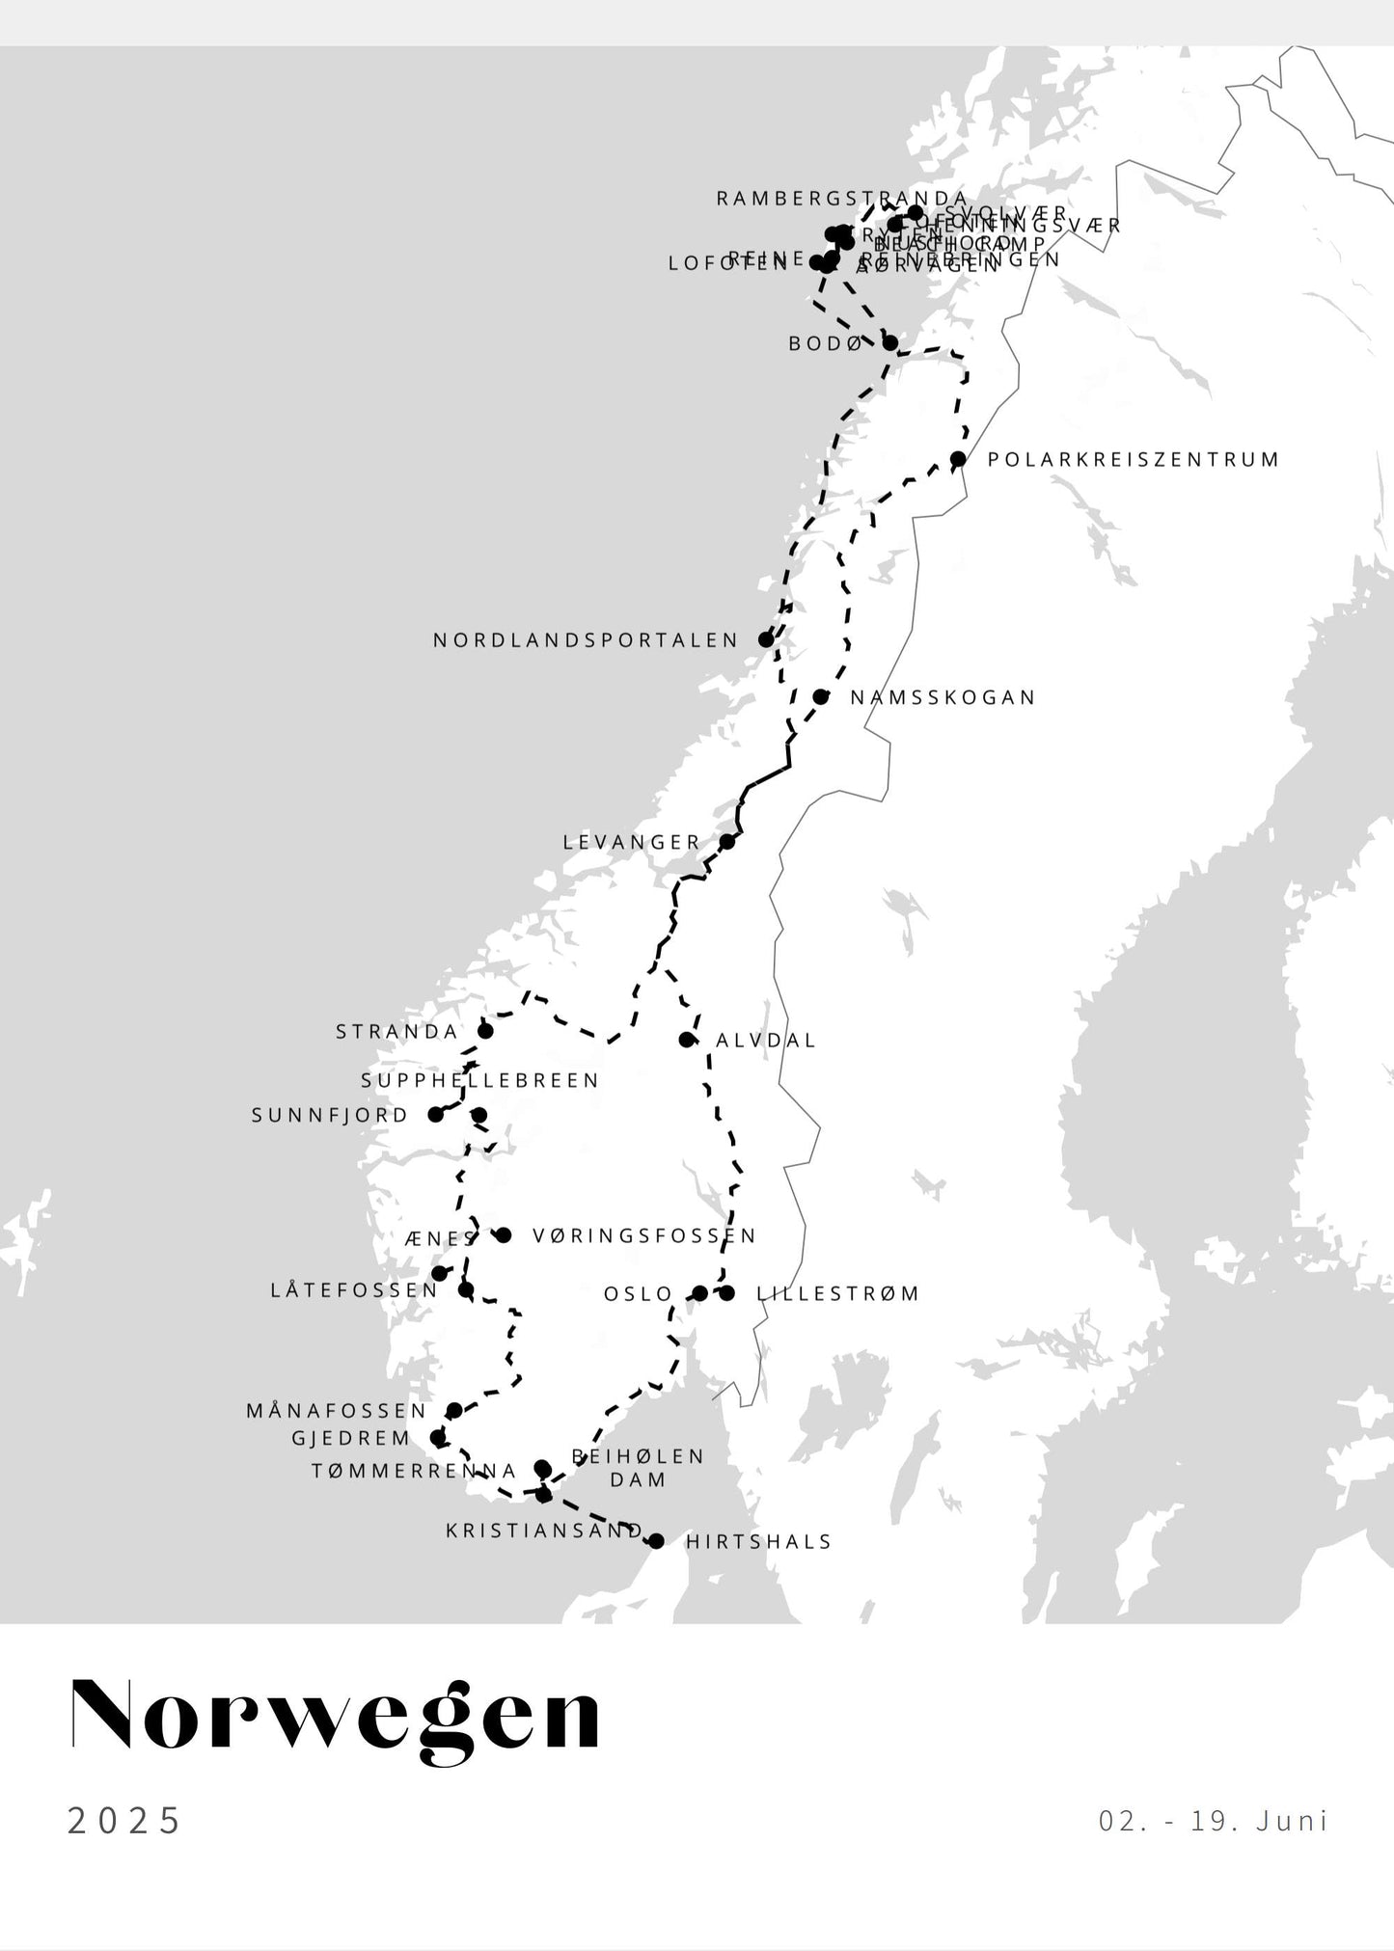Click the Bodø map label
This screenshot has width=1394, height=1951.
click(824, 343)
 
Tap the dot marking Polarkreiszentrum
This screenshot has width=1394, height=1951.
click(958, 459)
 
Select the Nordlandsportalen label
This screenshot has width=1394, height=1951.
click(586, 640)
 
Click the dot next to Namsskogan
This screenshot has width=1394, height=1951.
click(820, 696)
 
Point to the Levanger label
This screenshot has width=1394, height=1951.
click(632, 842)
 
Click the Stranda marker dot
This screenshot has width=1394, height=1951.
click(486, 1031)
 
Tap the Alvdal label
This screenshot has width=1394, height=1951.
click(766, 1041)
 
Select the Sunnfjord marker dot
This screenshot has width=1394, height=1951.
click(435, 1115)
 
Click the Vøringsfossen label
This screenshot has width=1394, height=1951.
click(644, 1235)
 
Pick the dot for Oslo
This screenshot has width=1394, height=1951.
click(700, 1293)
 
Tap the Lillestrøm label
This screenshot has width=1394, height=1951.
click(837, 1293)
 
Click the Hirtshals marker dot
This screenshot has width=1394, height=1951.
click(657, 1541)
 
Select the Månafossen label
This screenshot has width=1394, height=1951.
click(336, 1411)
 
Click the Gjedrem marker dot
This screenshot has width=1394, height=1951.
click(437, 1438)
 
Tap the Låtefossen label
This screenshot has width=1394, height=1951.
click(354, 1290)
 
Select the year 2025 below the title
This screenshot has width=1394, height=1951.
click(124, 1821)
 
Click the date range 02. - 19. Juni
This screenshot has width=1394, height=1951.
click(1213, 1821)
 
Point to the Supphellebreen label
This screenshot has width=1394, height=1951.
click(480, 1081)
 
